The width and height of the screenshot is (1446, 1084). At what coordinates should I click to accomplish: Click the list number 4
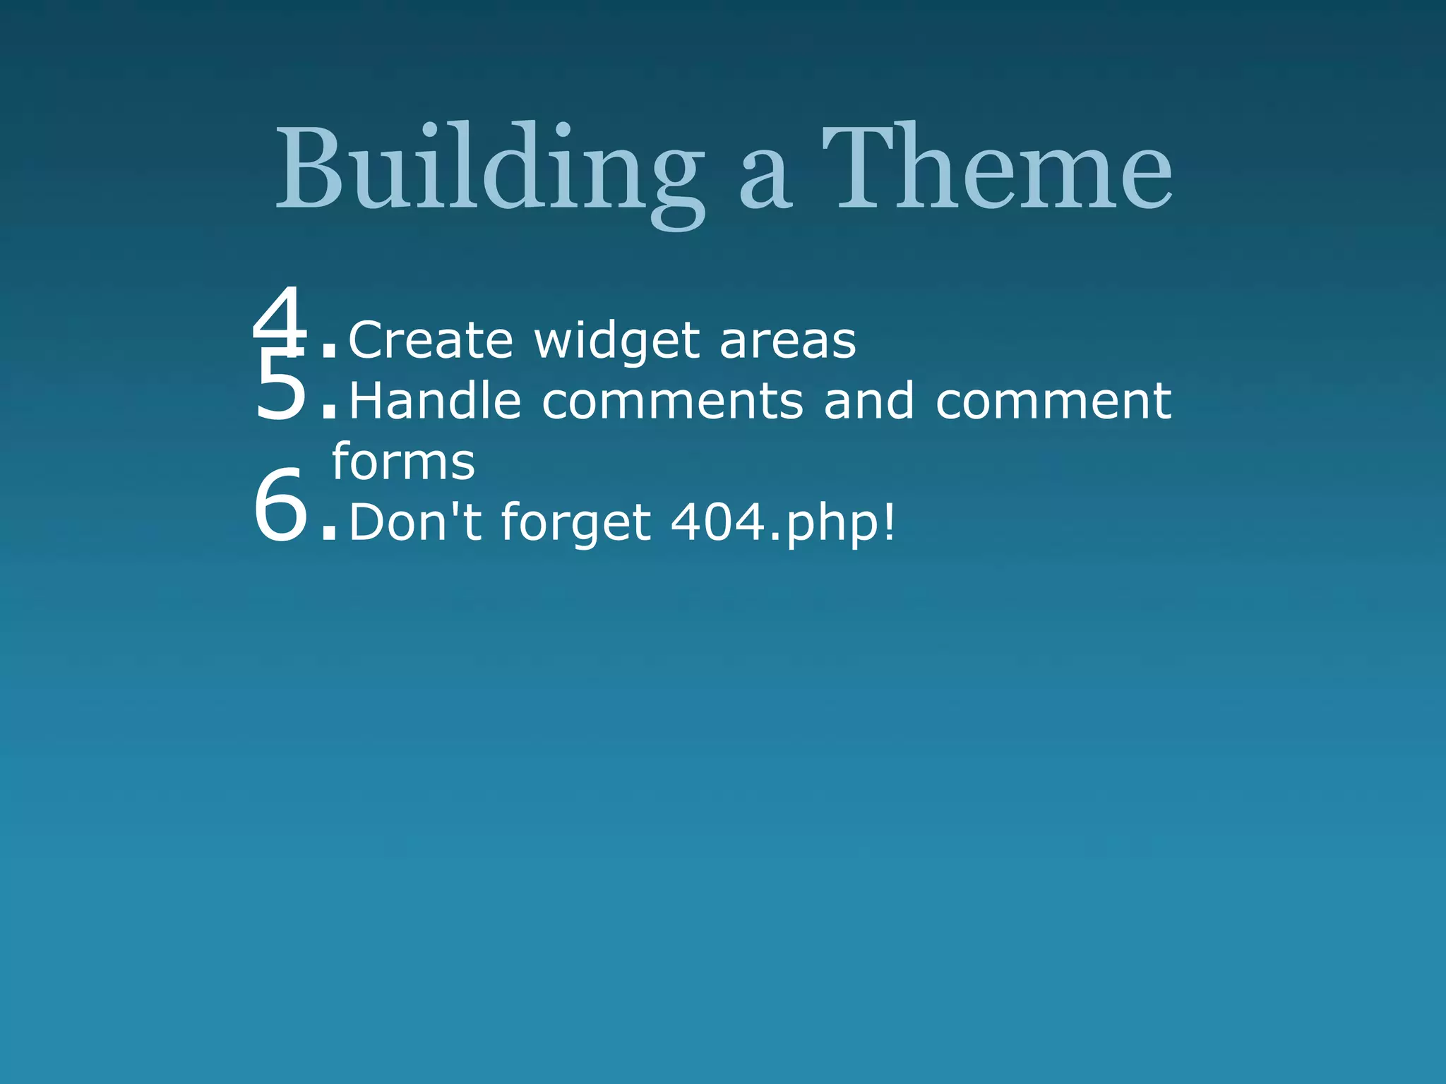coord(280,318)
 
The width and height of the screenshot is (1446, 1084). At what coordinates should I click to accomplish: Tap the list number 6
coord(281,507)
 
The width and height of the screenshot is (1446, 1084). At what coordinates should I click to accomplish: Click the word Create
coord(431,340)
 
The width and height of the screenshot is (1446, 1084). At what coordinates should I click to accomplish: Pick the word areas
coord(787,342)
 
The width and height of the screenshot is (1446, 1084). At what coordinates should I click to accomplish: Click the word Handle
coord(435,401)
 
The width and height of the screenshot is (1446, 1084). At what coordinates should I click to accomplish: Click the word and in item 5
coord(868,401)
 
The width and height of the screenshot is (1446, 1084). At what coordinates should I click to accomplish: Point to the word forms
coord(403,462)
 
